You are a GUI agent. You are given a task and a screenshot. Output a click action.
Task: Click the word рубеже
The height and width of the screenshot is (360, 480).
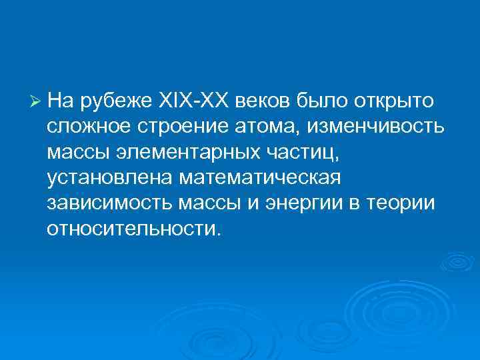116,101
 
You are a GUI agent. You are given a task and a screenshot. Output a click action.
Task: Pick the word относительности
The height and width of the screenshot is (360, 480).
131,229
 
